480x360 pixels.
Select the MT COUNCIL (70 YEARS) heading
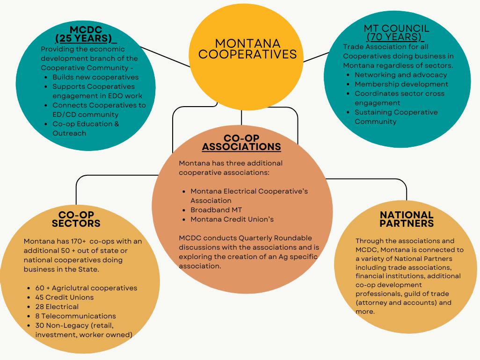point(396,32)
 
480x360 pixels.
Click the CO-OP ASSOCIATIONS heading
point(241,143)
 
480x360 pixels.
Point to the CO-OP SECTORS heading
point(76,219)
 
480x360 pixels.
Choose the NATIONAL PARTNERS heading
point(406,219)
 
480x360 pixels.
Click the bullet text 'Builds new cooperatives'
point(95,77)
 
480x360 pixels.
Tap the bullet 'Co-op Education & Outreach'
point(86,129)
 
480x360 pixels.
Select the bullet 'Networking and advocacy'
point(400,75)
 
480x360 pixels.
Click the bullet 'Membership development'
point(401,84)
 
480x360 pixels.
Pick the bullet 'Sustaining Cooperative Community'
point(396,117)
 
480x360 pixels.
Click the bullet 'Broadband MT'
point(216,210)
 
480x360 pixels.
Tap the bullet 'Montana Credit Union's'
point(232,219)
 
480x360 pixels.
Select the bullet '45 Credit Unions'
point(64,297)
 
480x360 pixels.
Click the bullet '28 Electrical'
point(57,307)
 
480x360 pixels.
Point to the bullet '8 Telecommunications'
point(75,316)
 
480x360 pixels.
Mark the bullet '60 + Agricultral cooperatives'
point(86,288)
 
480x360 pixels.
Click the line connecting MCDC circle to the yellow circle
point(165,57)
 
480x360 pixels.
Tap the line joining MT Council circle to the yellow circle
point(316,57)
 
